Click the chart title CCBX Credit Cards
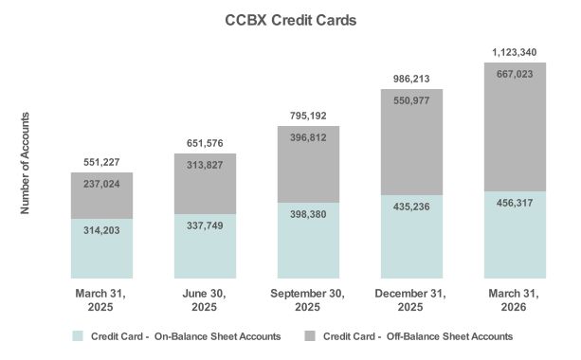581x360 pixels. (x=290, y=19)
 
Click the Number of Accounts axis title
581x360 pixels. (x=26, y=162)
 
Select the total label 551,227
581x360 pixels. (x=101, y=162)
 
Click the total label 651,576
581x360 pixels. (x=204, y=143)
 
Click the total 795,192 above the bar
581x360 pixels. (x=307, y=117)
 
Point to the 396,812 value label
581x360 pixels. (x=307, y=139)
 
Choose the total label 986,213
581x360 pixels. (x=409, y=80)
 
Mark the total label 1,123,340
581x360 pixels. (x=513, y=53)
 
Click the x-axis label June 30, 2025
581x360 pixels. (x=204, y=302)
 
